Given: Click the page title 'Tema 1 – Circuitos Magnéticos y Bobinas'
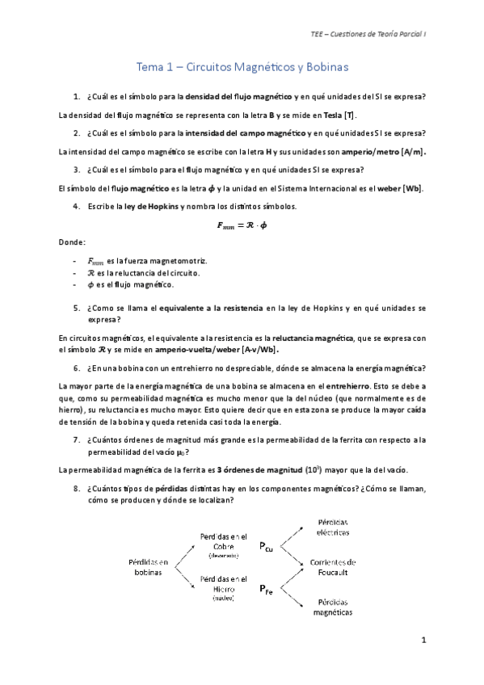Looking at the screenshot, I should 242,70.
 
